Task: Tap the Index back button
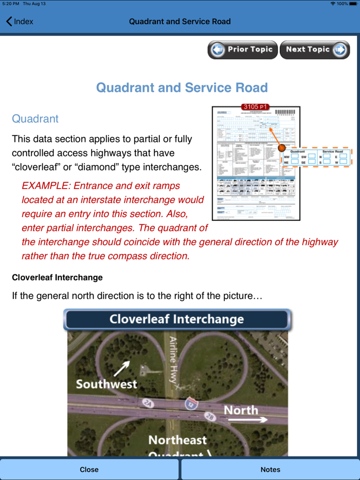[x=20, y=22]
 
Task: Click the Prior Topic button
[x=243, y=50]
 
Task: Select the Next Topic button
[x=315, y=50]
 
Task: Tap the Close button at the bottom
[x=89, y=469]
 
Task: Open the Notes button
[x=270, y=469]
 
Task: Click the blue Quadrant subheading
[x=35, y=119]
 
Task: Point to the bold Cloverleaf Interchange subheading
[x=57, y=278]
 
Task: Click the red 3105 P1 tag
[x=256, y=107]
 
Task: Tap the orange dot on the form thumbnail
[x=282, y=148]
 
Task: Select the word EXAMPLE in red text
[x=45, y=186]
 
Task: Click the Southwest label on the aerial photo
[x=106, y=384]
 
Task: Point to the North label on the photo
[x=241, y=410]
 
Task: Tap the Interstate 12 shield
[x=191, y=404]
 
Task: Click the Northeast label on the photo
[x=177, y=440]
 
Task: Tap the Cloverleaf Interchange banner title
[x=176, y=319]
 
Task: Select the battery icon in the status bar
[x=353, y=4]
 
